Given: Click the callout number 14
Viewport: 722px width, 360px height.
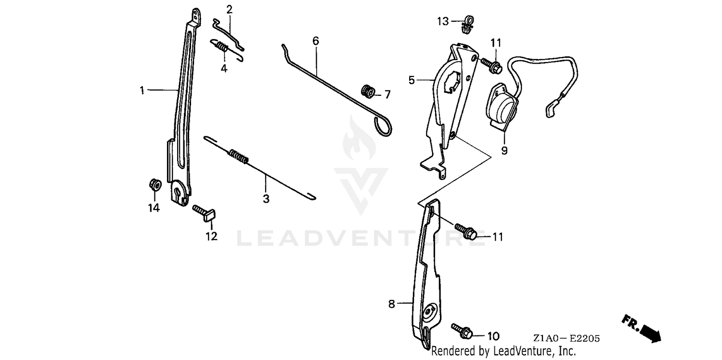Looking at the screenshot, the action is coord(154,208).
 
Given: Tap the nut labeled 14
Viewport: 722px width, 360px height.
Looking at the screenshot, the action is coord(155,184).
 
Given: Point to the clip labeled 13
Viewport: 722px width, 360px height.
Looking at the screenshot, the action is coord(467,25).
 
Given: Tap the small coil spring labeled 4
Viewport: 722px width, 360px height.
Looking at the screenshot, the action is coord(221,47).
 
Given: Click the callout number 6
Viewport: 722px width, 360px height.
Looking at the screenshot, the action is coord(315,41).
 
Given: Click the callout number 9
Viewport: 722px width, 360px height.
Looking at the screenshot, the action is coord(504,151).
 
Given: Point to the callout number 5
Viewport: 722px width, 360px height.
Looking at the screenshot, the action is coord(412,80).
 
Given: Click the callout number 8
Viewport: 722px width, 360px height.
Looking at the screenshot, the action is coord(391,304).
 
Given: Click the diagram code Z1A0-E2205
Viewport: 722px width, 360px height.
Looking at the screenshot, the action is coord(566,339).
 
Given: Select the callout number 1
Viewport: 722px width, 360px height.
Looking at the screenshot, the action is coord(142,90).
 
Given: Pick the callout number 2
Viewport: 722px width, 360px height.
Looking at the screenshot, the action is coord(229,9).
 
